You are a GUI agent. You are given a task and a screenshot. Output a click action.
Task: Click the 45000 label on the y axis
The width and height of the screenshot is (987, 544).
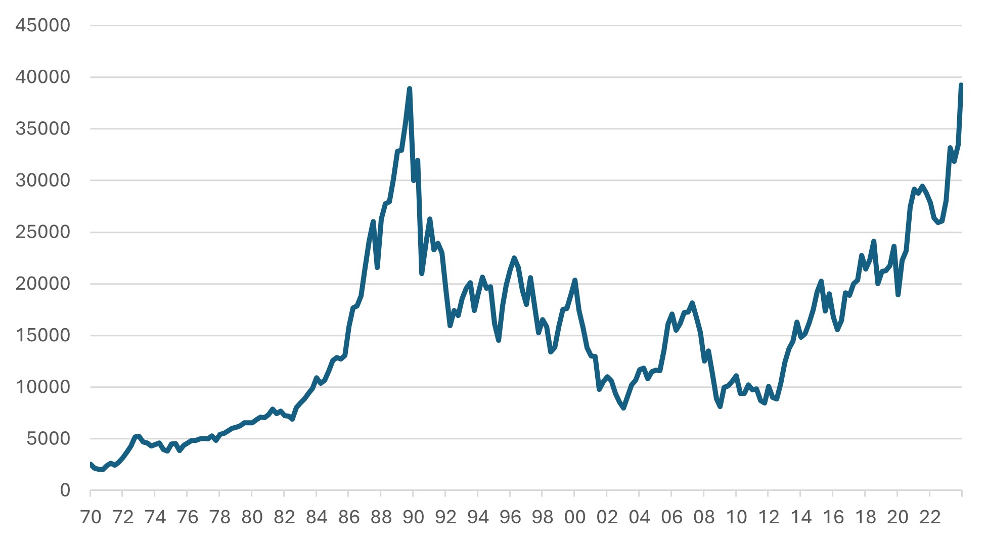[x=42, y=25]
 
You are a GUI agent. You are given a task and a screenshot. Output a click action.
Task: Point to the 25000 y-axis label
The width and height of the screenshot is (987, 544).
[x=42, y=232]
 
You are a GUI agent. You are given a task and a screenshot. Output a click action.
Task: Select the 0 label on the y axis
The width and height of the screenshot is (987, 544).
[x=65, y=490]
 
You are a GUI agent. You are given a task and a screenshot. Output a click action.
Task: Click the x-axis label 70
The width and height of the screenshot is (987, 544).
[x=91, y=517]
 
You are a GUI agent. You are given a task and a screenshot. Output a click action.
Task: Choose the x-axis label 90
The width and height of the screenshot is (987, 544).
[x=413, y=517]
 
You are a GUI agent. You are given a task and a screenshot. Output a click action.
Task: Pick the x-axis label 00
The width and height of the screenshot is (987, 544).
[x=574, y=517]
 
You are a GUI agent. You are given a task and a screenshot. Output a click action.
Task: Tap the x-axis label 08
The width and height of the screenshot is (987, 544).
[x=704, y=517]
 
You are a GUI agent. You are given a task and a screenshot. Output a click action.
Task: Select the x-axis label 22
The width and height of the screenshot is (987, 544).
[x=930, y=517]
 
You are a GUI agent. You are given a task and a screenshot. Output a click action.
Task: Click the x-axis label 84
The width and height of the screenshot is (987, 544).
[x=317, y=517]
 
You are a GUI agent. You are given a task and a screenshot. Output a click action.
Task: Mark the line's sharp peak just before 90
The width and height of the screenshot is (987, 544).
[x=410, y=89]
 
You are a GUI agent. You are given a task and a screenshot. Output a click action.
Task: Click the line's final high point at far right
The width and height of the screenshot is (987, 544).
[x=961, y=85]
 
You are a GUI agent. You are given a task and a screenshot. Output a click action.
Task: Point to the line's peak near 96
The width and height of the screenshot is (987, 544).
[x=514, y=258]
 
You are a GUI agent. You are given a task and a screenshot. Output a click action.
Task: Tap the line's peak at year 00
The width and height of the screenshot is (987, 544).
[x=575, y=280]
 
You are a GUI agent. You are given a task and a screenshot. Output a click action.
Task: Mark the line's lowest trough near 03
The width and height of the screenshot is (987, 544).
[x=623, y=407]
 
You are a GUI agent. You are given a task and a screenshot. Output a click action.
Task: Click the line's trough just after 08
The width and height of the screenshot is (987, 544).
[x=720, y=406]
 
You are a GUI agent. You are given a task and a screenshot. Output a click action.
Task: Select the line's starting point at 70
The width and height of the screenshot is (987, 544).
[x=91, y=464]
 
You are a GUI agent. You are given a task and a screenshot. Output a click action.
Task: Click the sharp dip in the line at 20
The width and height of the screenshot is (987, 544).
[x=898, y=295]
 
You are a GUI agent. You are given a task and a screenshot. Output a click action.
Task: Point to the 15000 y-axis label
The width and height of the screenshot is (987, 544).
[x=42, y=335]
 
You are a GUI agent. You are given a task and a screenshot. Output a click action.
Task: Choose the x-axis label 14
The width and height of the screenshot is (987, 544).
[x=801, y=517]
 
